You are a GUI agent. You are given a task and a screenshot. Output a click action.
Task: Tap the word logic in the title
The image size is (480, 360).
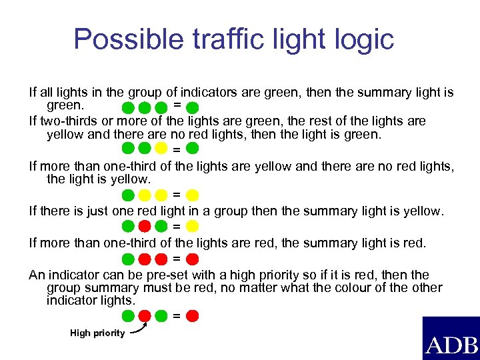[x=361, y=39]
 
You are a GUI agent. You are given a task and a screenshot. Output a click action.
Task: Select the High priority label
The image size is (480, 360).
[x=97, y=333]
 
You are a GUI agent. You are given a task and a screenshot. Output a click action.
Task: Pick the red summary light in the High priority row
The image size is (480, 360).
[x=192, y=315]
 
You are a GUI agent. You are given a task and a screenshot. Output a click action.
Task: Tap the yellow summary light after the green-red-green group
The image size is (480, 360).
[x=192, y=227]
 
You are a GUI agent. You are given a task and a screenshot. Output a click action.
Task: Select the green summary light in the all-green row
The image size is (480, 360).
[x=192, y=107]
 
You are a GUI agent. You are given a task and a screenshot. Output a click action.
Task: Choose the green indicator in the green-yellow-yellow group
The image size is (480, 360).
[x=129, y=195]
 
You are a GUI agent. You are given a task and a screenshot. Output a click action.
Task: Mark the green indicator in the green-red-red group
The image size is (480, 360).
[x=129, y=259]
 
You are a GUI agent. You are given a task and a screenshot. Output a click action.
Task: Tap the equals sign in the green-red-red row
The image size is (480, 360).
[x=176, y=258]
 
